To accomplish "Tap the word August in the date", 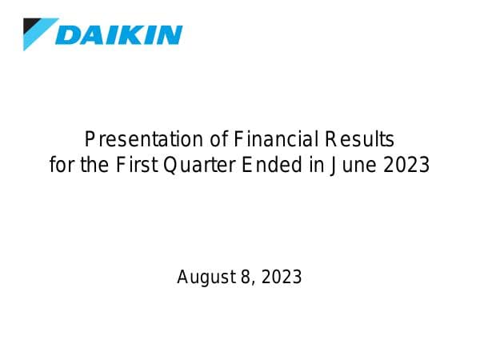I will point(203,278).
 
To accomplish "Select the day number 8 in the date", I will point(243,278).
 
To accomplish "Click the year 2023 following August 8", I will point(281,278).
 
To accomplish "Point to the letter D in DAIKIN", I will point(70,35).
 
